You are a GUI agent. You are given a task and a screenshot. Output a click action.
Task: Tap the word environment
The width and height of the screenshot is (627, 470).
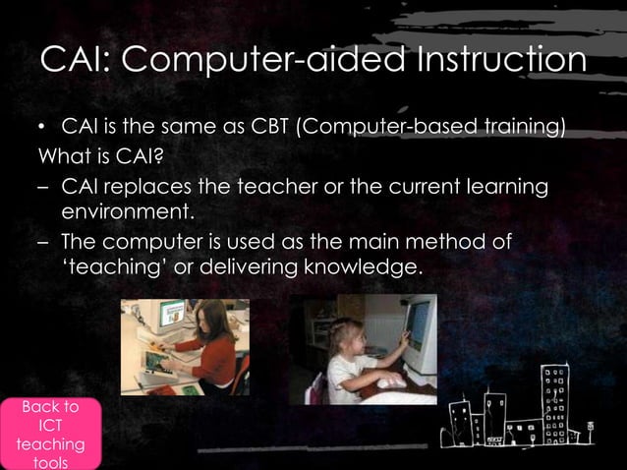pos(129,210)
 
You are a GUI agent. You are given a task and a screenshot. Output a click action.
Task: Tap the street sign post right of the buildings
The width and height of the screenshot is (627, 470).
pos(591,433)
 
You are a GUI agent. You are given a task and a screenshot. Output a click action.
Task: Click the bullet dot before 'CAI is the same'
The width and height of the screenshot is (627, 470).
pos(42,129)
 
